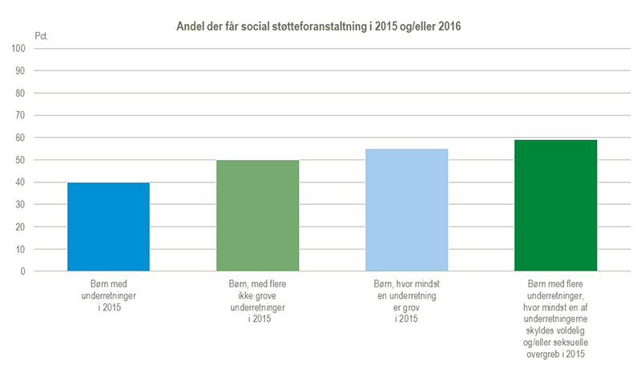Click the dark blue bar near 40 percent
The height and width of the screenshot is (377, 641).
pos(108,227)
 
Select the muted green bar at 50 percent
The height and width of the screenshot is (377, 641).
pos(257,216)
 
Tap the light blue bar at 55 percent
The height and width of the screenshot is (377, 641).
pos(406,210)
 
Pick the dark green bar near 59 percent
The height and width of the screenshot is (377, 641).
pos(555,206)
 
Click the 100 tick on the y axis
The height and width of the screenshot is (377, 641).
pos(19,48)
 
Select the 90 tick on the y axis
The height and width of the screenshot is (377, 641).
pos(22,70)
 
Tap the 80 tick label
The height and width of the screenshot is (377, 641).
pos(22,93)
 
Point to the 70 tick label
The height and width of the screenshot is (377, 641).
pos(22,115)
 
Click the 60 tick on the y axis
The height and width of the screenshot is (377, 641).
pos(22,138)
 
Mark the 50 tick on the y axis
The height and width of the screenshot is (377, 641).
pos(22,160)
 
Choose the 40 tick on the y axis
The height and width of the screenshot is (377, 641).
pos(22,182)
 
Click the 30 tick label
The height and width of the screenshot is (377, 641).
pos(22,205)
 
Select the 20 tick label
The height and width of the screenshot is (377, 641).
pos(22,227)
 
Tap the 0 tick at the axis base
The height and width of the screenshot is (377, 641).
pos(24,271)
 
